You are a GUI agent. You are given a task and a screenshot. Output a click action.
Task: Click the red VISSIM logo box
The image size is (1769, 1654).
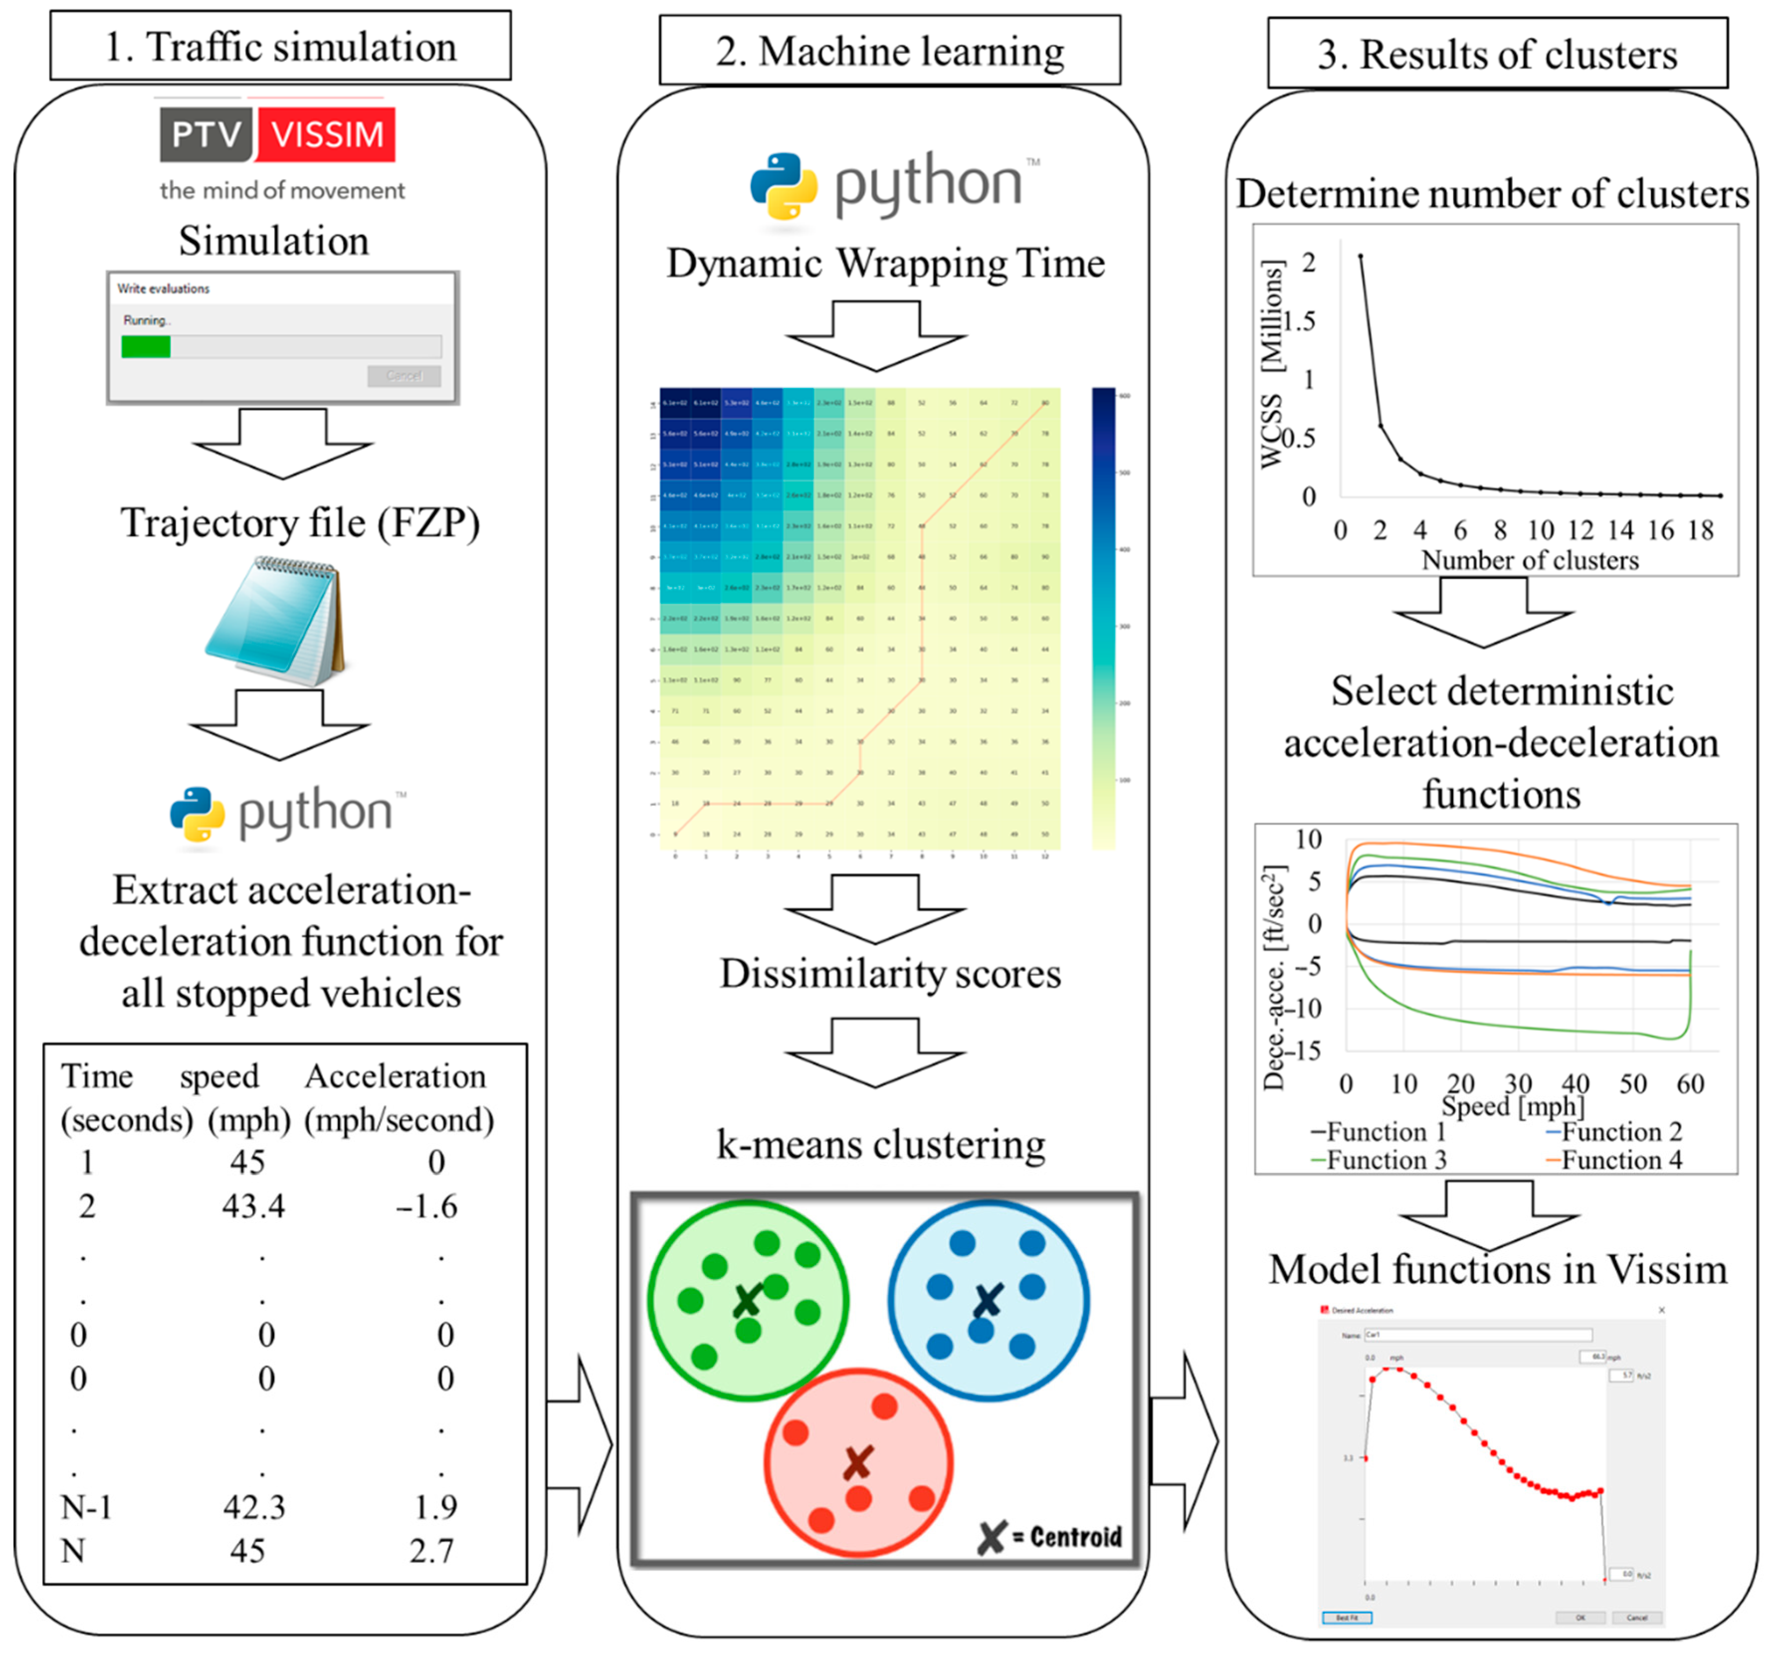point(327,134)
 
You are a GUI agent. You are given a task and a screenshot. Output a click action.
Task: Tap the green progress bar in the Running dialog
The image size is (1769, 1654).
point(146,346)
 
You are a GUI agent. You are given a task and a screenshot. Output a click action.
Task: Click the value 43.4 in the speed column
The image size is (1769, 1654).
point(254,1206)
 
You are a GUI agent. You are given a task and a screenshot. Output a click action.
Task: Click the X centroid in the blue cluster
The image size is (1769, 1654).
point(988,1301)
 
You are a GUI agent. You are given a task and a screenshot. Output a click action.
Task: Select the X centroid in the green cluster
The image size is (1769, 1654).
point(747,1301)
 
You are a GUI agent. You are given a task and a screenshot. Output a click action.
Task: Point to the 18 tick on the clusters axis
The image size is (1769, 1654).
point(1700,531)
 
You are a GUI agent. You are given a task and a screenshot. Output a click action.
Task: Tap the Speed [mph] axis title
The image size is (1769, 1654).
point(1513,1106)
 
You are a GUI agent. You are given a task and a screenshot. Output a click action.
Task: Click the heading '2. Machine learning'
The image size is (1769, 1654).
point(890,51)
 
